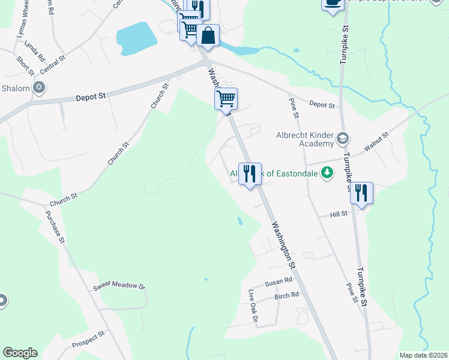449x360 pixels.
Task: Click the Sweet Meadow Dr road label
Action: coord(119,286)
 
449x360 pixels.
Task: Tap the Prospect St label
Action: coord(88,340)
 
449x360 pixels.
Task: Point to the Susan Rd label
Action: coord(279,280)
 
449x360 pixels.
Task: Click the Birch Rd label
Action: coord(286,295)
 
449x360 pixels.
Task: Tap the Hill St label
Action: coord(340,214)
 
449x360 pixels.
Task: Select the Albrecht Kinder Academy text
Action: coord(304,139)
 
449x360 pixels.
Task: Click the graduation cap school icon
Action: coord(342,139)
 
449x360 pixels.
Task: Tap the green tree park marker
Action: coord(327,174)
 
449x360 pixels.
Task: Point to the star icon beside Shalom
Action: coord(39,88)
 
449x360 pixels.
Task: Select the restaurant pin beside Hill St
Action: coord(361,194)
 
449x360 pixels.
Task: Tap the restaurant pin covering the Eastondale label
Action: coord(250,174)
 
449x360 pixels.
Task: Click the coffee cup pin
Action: coord(333,4)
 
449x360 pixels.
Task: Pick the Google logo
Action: coord(20,353)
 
